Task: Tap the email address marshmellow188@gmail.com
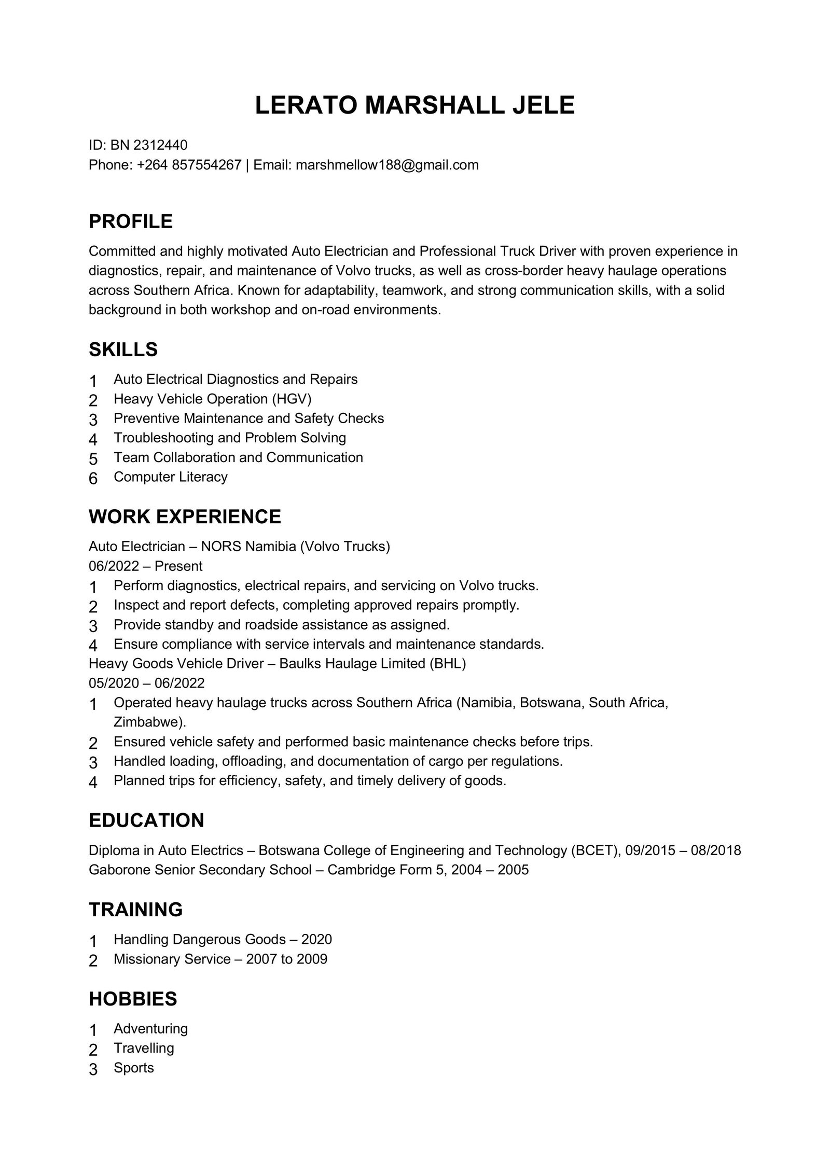[x=387, y=165]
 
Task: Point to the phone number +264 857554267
[x=189, y=165]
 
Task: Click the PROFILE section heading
[x=131, y=221]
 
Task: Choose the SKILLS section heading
[x=123, y=350]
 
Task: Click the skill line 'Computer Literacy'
[x=171, y=477]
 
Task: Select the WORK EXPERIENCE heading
[x=185, y=516]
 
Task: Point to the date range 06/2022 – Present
[x=145, y=566]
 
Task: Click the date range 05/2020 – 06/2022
[x=147, y=682]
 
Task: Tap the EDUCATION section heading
[x=146, y=820]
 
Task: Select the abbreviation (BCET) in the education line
[x=596, y=850]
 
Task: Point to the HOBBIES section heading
[x=133, y=999]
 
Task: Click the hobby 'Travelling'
[x=144, y=1048]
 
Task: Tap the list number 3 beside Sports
[x=93, y=1069]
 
